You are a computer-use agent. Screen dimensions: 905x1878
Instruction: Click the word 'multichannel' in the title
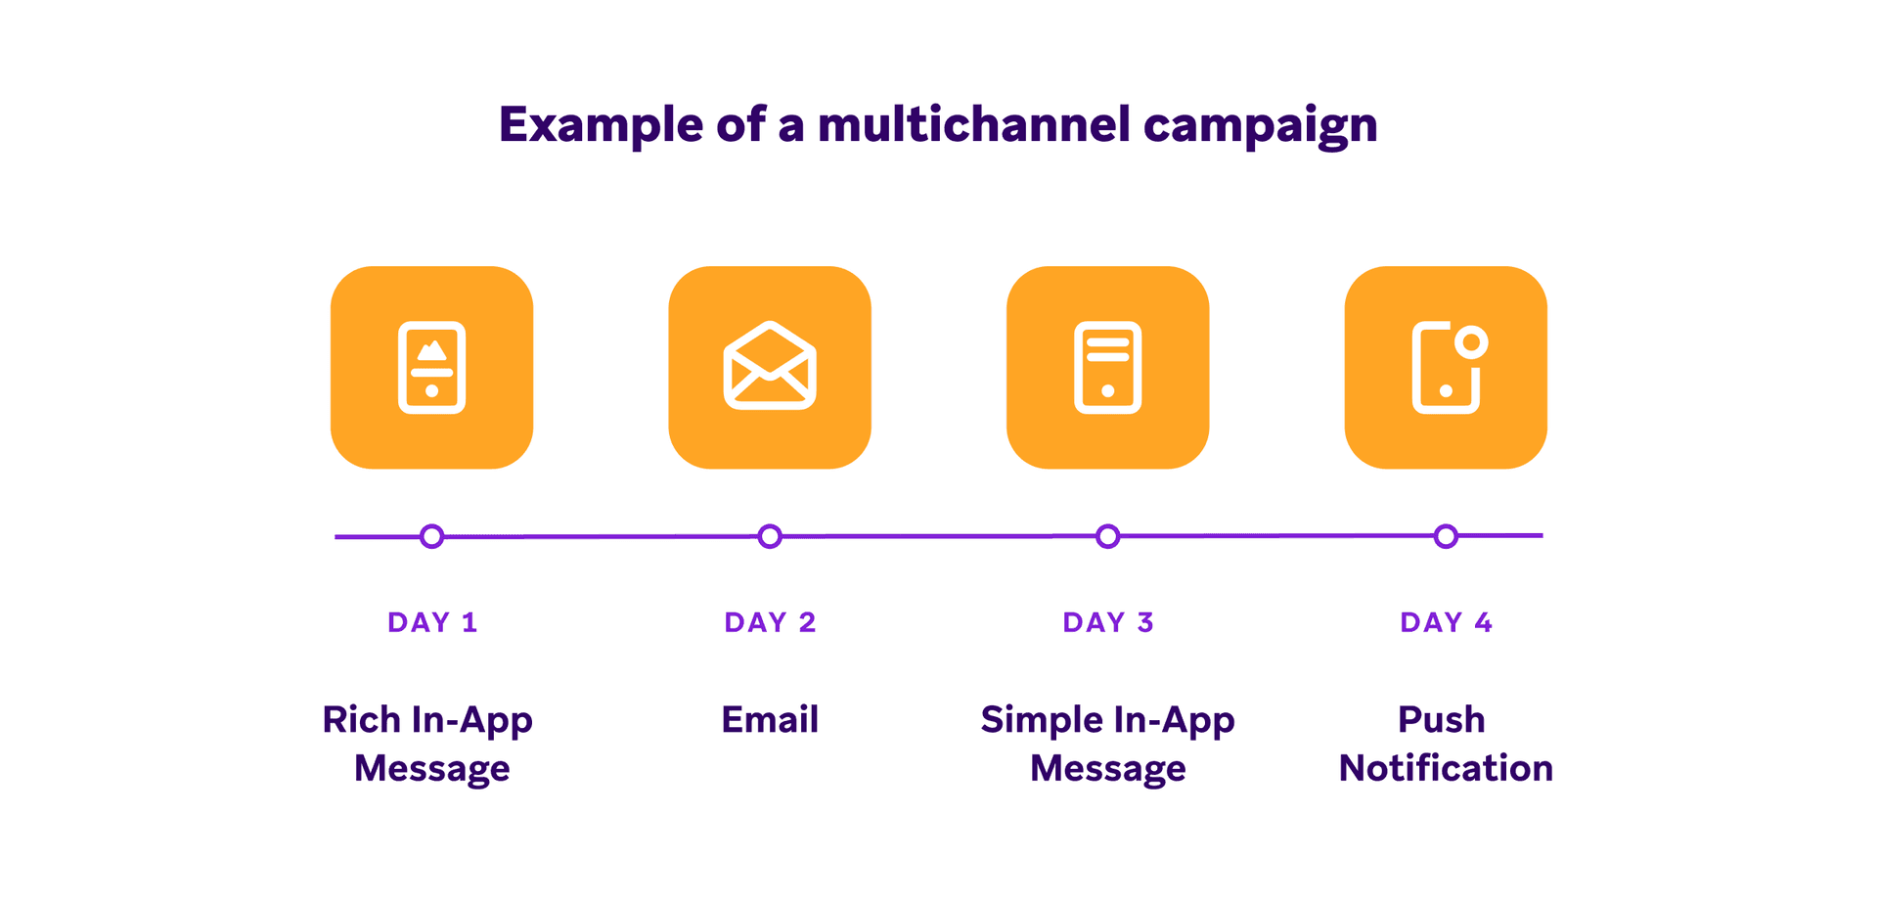tap(972, 125)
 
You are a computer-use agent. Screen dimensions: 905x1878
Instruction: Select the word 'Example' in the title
tap(601, 125)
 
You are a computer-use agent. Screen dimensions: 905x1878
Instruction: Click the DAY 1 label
tap(432, 622)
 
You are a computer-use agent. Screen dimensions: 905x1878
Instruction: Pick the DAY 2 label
tap(770, 622)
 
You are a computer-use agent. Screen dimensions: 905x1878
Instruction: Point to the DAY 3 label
tap(1108, 622)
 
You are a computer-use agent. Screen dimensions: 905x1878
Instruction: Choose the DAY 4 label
tap(1446, 622)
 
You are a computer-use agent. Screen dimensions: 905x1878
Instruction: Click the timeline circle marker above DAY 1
tap(431, 536)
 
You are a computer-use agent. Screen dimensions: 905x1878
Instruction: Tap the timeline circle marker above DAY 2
tap(770, 536)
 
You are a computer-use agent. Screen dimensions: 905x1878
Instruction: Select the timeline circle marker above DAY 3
tap(1107, 536)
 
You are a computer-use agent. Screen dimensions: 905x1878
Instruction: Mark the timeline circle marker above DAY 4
tap(1446, 536)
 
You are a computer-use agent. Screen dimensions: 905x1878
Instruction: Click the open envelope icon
tap(770, 366)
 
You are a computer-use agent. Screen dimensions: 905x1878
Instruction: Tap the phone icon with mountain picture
tap(431, 367)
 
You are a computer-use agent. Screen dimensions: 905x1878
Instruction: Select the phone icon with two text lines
tap(1107, 367)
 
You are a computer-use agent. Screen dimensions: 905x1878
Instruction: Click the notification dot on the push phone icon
tap(1470, 342)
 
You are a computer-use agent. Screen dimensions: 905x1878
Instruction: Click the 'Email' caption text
tap(770, 719)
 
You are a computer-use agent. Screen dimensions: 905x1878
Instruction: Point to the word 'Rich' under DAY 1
tap(361, 719)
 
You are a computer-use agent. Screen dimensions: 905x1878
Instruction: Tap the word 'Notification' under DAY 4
tap(1446, 768)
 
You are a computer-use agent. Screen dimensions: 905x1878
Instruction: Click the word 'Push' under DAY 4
tap(1441, 719)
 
